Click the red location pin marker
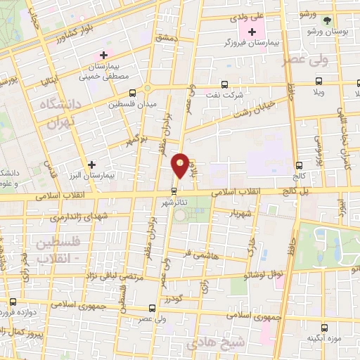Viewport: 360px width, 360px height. tap(181, 165)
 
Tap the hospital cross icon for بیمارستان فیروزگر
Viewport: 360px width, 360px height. tap(252, 32)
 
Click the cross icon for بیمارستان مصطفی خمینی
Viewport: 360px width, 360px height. tap(104, 55)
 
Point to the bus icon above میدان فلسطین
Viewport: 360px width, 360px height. tap(132, 93)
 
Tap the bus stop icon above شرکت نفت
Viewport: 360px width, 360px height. tap(224, 83)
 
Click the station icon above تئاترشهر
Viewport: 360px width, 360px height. tap(174, 191)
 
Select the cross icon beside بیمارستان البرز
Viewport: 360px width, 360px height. tap(91, 164)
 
